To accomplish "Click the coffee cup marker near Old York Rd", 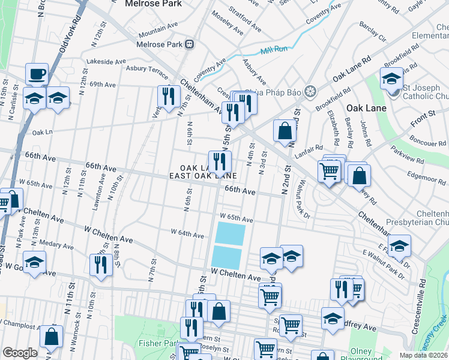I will (x=37, y=74).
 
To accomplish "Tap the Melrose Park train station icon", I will (x=190, y=44).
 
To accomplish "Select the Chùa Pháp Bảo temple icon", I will (x=310, y=92).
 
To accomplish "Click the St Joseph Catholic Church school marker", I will (x=391, y=80).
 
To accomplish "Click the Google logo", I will (x=20, y=353).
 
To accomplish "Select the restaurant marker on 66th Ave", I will (x=220, y=161).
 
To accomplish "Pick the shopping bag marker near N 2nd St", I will (x=285, y=130).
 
